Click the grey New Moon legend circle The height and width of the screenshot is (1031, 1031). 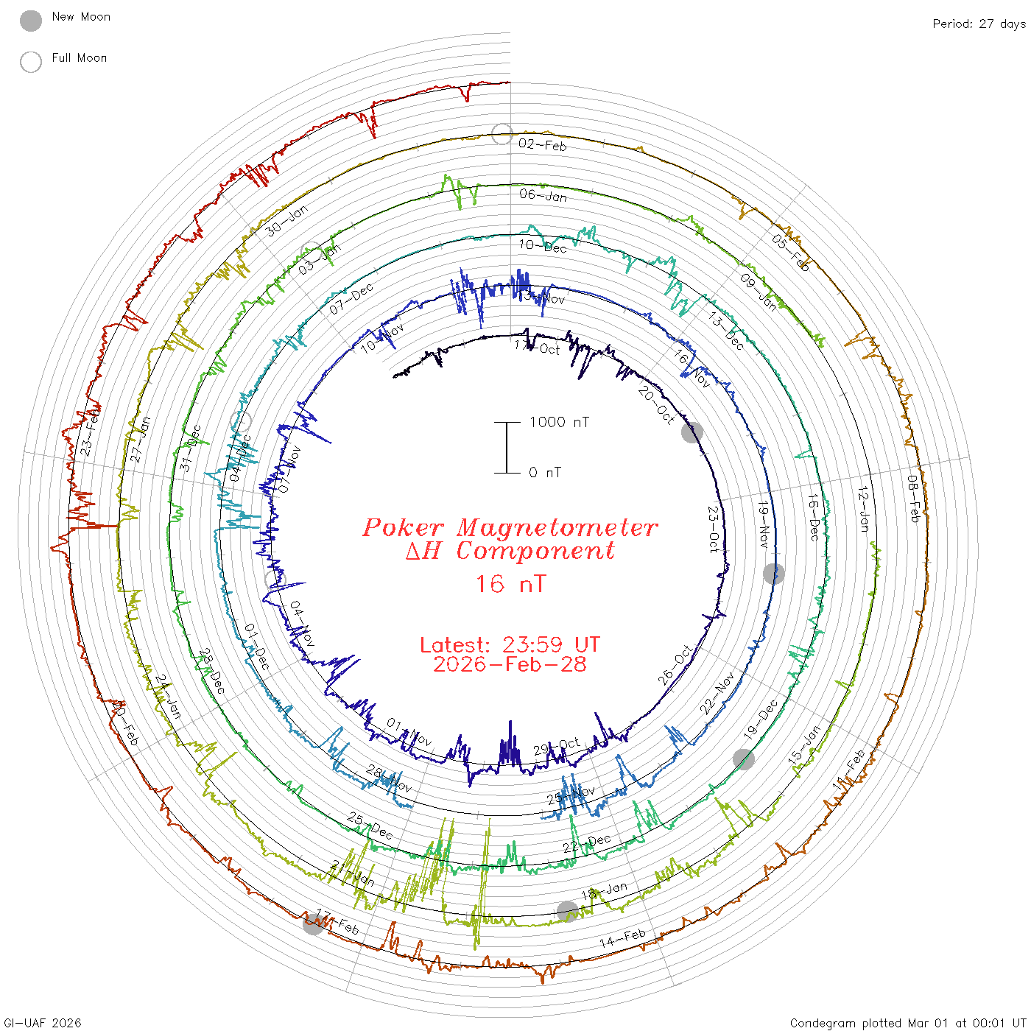pyautogui.click(x=31, y=21)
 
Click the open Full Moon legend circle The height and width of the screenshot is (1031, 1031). pyautogui.click(x=31, y=62)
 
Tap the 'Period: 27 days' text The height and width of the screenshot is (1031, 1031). pyautogui.click(x=979, y=24)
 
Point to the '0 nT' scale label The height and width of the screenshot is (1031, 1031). pyautogui.click(x=545, y=472)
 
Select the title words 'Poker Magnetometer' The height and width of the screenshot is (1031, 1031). pyautogui.click(x=510, y=527)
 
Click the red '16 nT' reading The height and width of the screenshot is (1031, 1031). pyautogui.click(x=510, y=584)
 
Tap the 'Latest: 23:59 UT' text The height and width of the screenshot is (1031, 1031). pyautogui.click(x=510, y=645)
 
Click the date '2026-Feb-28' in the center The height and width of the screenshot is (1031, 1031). pyautogui.click(x=510, y=664)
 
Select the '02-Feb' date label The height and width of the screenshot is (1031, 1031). pyautogui.click(x=543, y=145)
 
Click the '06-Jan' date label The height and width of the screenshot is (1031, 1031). pyautogui.click(x=543, y=196)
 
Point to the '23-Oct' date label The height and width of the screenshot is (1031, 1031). pyautogui.click(x=713, y=529)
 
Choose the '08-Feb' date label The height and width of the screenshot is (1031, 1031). pyautogui.click(x=914, y=499)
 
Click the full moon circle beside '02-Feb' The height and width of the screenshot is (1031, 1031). pyautogui.click(x=502, y=133)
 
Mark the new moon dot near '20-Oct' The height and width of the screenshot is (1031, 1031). pyautogui.click(x=692, y=432)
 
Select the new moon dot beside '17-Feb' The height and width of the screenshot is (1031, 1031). pyautogui.click(x=313, y=924)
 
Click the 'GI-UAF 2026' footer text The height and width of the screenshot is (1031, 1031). pyautogui.click(x=43, y=1023)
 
